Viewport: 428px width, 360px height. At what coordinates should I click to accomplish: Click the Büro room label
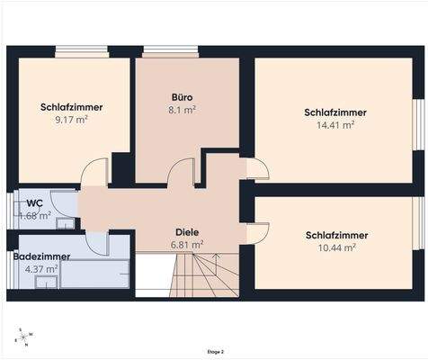click(183, 95)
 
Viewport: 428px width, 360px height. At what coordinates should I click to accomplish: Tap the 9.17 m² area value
click(72, 120)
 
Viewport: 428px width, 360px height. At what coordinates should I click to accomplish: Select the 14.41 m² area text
click(335, 126)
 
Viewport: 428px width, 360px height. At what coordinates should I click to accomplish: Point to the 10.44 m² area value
click(335, 247)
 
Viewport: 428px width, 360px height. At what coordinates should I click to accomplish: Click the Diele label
click(186, 230)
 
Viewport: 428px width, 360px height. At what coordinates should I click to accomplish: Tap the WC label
click(35, 202)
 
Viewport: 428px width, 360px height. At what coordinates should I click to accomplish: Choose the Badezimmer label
click(42, 256)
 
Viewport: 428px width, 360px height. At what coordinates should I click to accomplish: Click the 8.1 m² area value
click(183, 109)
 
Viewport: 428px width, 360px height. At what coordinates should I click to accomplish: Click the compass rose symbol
click(23, 337)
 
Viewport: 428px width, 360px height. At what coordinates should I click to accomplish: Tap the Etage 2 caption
click(214, 352)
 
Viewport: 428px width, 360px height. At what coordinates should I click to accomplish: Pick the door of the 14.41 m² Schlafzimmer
click(255, 168)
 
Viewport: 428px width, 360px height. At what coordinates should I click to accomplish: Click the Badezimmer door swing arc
click(97, 241)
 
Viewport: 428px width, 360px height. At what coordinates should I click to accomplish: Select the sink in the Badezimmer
click(42, 282)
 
